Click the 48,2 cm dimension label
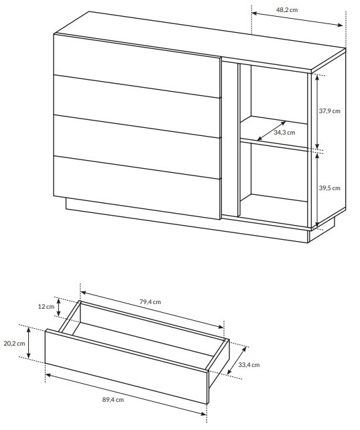(286, 10)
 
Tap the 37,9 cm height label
(329, 111)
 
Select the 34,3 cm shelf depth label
(284, 133)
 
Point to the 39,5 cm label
(329, 188)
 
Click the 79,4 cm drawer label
(150, 302)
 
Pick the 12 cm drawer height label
(46, 307)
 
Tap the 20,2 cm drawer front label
(14, 344)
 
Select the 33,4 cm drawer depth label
(249, 365)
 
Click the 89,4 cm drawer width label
(113, 400)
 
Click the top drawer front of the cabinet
(137, 66)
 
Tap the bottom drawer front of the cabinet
(137, 188)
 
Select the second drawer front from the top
(137, 106)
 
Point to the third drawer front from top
(137, 147)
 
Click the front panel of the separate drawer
(126, 366)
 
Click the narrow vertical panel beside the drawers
(230, 139)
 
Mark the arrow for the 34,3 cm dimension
(272, 131)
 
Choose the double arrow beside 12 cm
(59, 307)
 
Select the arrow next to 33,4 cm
(237, 360)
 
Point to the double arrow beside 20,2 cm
(29, 343)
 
